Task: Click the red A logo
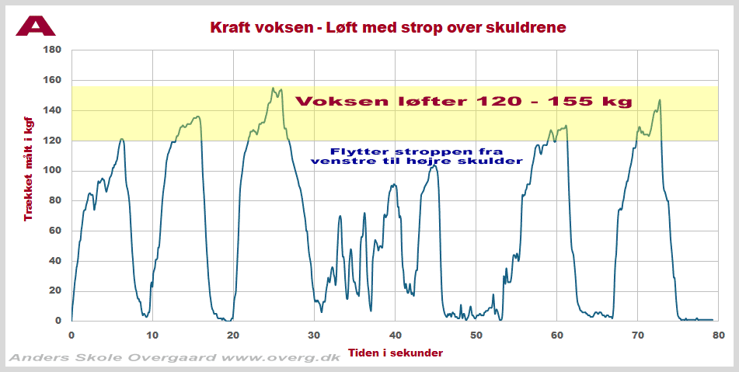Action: (x=36, y=25)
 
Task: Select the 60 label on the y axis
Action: (x=54, y=231)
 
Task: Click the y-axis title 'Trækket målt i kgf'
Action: (x=29, y=165)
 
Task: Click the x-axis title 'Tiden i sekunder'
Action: (x=395, y=353)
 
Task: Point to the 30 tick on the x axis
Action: (x=314, y=335)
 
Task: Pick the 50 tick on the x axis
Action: (x=476, y=335)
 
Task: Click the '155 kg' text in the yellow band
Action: (x=595, y=102)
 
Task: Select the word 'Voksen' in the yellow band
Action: (x=336, y=102)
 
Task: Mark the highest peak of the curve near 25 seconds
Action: (x=273, y=89)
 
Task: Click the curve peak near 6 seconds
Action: (x=121, y=140)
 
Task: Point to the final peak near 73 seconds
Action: (x=660, y=100)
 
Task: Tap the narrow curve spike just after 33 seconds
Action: (x=340, y=216)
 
